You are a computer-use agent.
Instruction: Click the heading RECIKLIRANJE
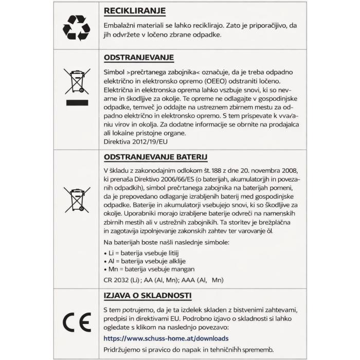pos(134,11)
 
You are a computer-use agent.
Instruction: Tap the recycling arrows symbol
pos(76,28)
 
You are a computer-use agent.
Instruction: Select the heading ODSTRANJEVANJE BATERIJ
pos(152,157)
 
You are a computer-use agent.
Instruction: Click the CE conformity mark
pos(76,322)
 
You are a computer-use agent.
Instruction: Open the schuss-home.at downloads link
pos(166,338)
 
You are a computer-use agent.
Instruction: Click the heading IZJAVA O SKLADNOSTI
pos(147,296)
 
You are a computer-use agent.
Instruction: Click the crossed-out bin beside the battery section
pos(76,200)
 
